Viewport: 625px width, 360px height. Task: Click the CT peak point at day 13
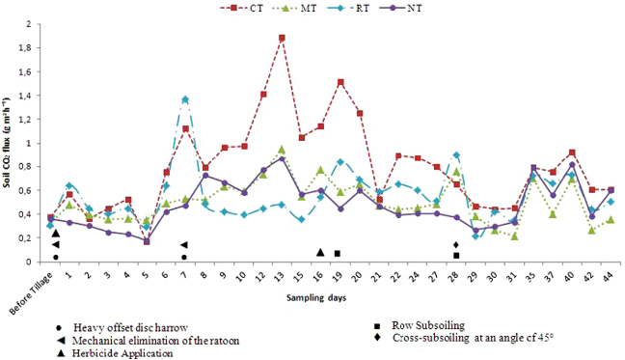pos(282,38)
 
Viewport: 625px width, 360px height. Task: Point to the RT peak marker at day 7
pos(184,99)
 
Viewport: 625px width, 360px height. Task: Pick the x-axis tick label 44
pos(611,275)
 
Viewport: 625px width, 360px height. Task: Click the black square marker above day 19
pos(338,254)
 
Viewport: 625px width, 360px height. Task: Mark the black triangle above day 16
pos(320,252)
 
